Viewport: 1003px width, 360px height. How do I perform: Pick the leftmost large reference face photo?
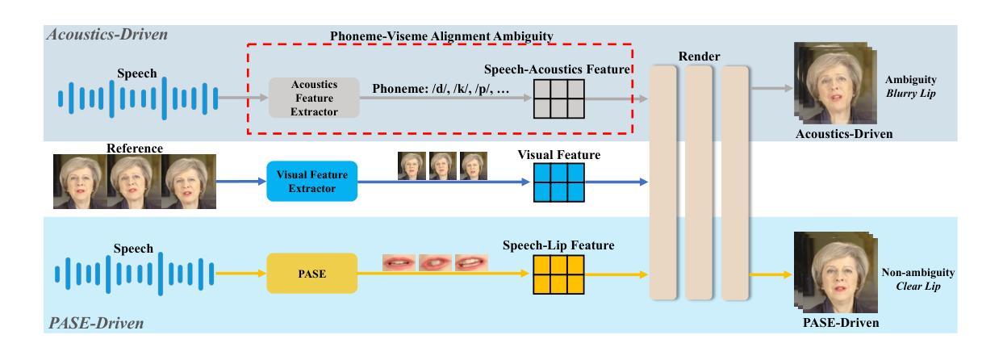coord(79,183)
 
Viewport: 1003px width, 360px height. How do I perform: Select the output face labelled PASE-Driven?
coord(827,274)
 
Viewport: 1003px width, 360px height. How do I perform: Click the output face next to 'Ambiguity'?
coord(827,83)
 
